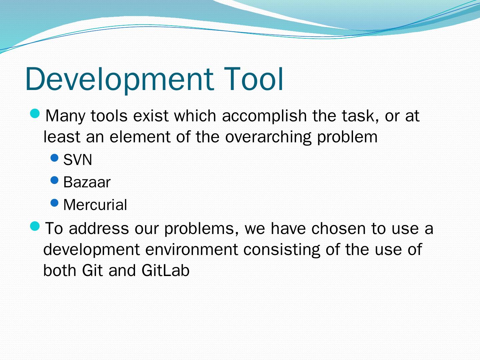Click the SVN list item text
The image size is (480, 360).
pyautogui.click(x=78, y=160)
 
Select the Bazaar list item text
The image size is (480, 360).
pyautogui.click(x=87, y=182)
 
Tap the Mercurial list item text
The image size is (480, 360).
pyautogui.click(x=95, y=205)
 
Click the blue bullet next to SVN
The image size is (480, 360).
pyautogui.click(x=54, y=158)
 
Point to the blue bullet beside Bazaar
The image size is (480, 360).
pyautogui.click(x=54, y=180)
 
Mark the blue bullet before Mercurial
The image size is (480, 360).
pyautogui.click(x=54, y=203)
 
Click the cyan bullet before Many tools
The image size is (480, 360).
pyautogui.click(x=35, y=114)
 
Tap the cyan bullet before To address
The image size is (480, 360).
pyautogui.click(x=35, y=226)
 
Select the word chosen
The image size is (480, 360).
pyautogui.click(x=339, y=228)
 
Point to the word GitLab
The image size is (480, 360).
pyautogui.click(x=165, y=270)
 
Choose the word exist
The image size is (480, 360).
pyautogui.click(x=151, y=116)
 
